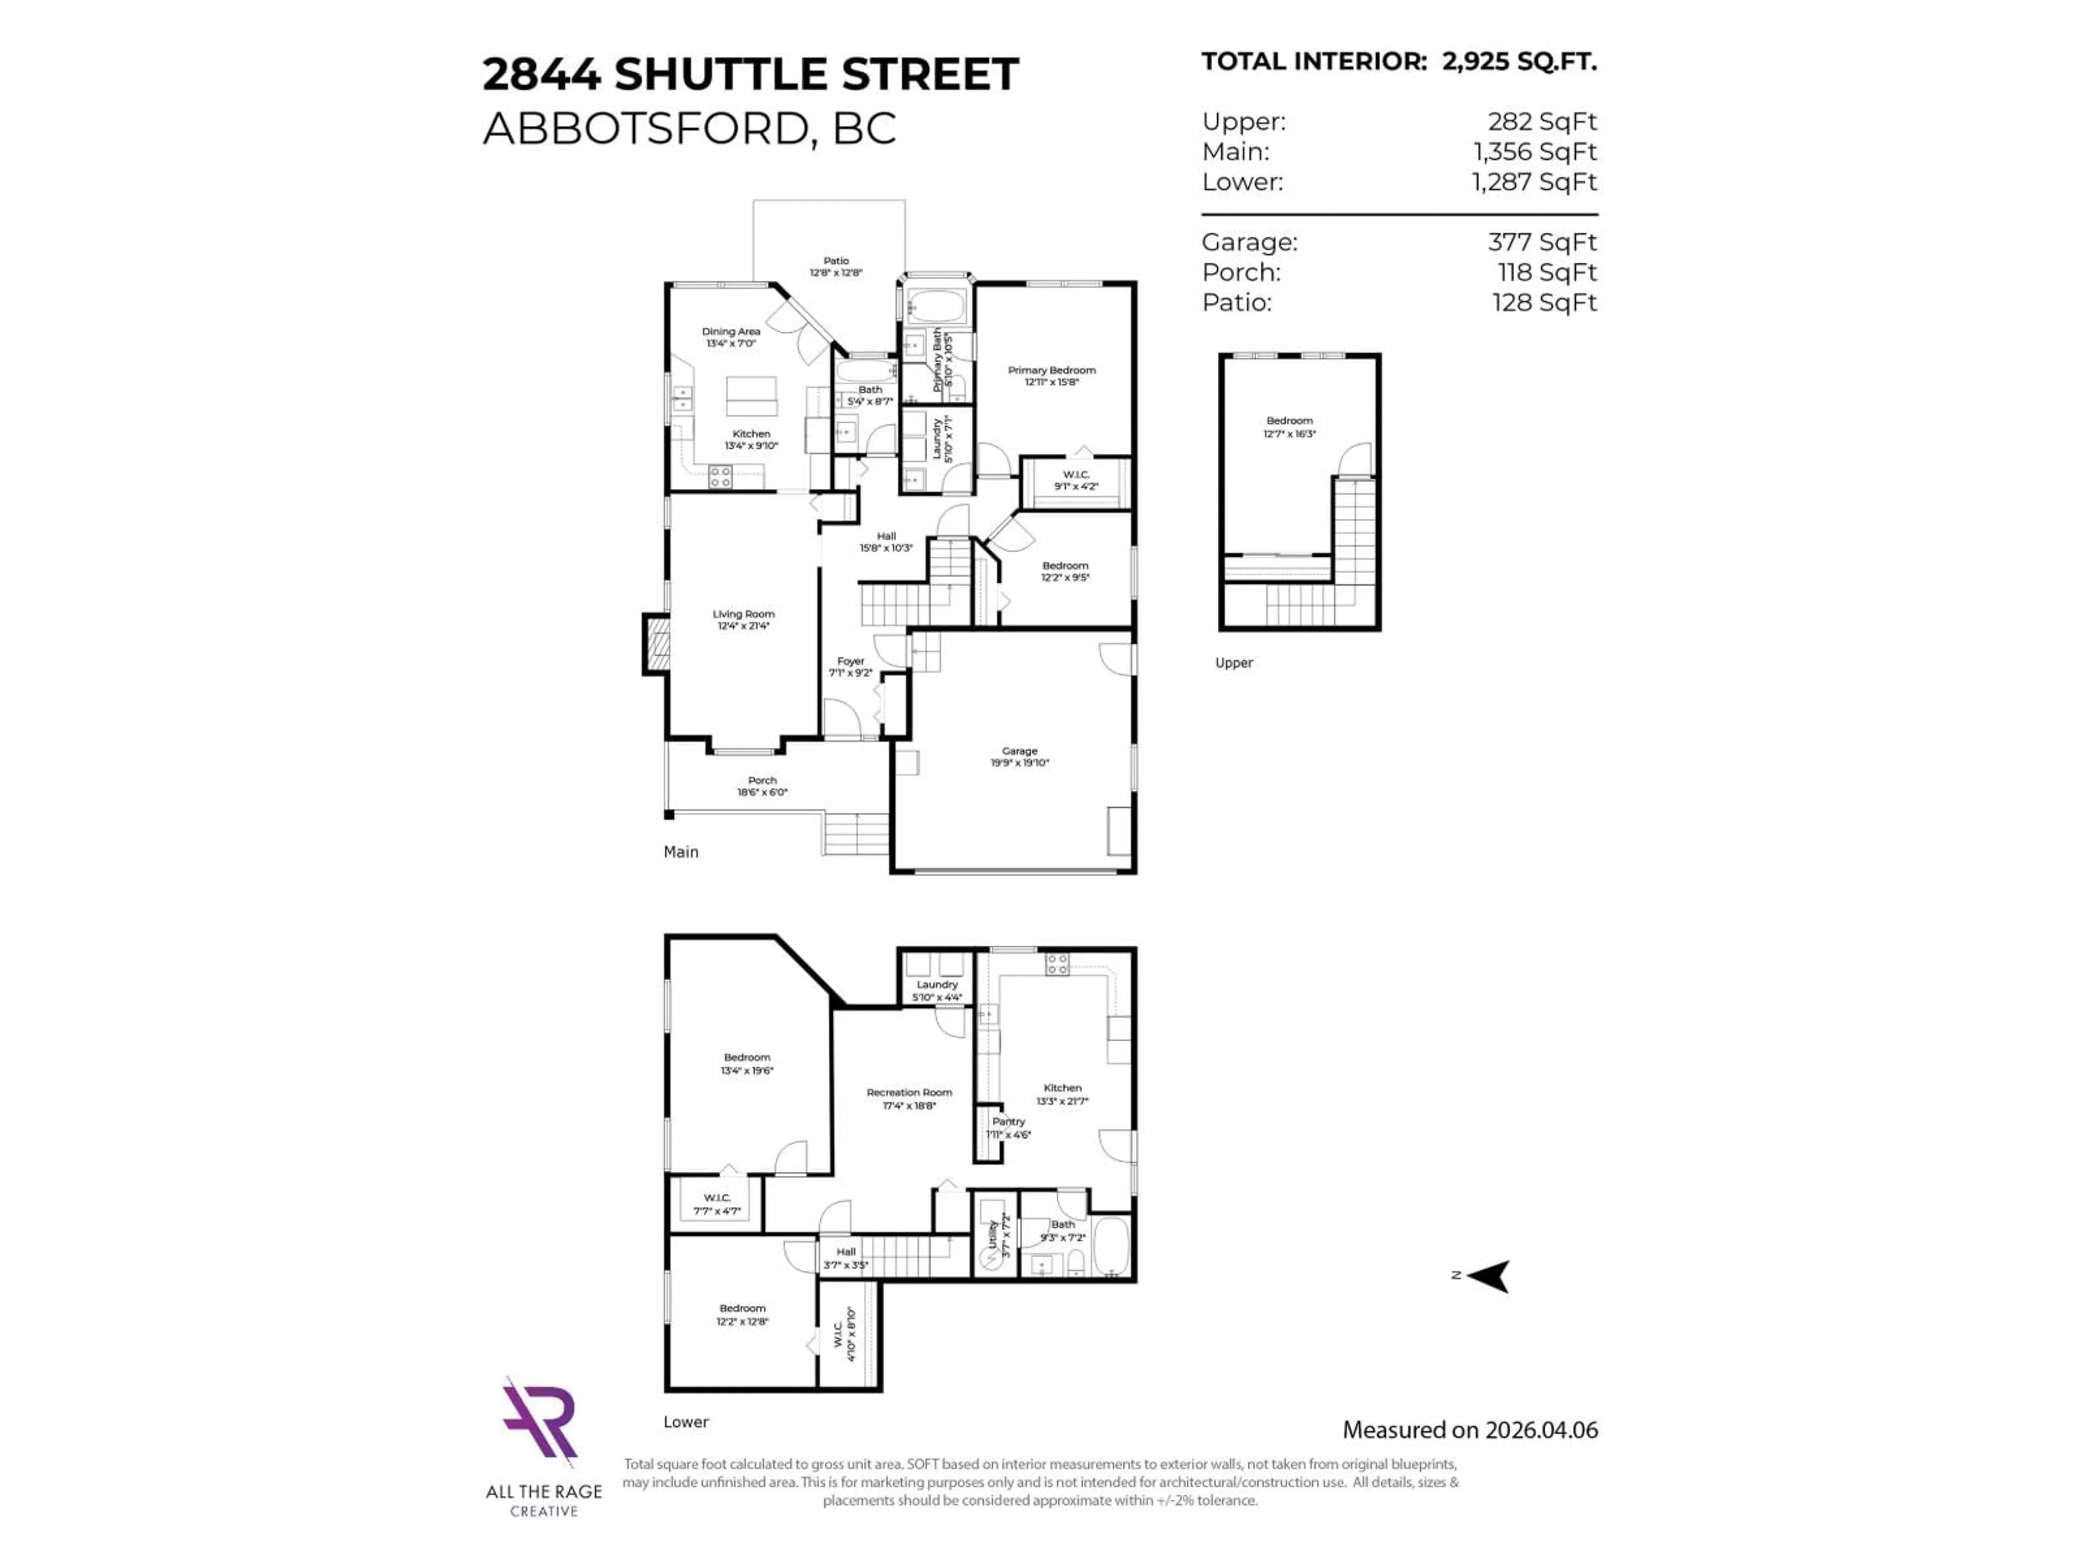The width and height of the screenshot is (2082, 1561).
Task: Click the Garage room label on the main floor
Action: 1019,751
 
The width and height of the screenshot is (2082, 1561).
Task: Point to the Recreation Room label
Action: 909,1092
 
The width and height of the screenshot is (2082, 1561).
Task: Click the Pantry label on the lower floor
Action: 1008,1121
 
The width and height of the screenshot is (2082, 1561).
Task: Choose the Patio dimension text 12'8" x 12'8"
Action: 836,273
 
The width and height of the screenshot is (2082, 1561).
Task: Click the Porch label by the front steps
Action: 762,780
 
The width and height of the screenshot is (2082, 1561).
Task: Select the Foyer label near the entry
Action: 851,661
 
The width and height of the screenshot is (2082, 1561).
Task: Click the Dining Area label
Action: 731,331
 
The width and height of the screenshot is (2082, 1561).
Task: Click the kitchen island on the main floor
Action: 751,396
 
